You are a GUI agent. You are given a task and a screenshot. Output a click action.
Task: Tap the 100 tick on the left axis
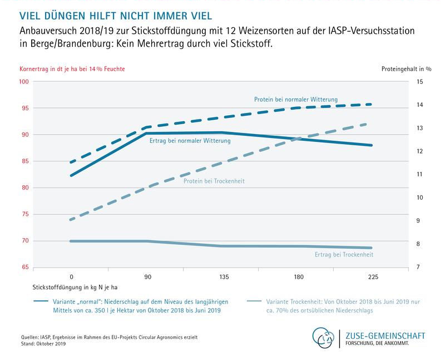point(24,82)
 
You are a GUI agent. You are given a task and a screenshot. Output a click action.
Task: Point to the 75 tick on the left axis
point(24,214)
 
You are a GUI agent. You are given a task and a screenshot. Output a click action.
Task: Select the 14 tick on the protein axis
point(419,105)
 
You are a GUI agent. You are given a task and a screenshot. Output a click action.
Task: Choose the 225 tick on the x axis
point(370,275)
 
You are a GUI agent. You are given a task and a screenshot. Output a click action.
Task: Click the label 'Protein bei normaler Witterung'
point(296,100)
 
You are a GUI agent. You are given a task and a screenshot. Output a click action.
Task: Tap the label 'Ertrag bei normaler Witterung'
point(190,141)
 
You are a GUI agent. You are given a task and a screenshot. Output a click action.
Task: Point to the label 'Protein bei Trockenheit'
point(214,181)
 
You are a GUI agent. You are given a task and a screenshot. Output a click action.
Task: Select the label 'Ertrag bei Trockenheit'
point(340,254)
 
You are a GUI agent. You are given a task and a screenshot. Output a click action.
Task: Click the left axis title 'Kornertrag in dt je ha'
point(72,69)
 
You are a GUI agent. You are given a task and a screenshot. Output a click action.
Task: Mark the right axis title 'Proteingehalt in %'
point(406,69)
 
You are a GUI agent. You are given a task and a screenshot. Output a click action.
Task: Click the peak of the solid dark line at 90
point(146,134)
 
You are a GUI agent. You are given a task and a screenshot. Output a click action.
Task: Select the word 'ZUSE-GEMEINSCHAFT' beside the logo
point(385,336)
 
